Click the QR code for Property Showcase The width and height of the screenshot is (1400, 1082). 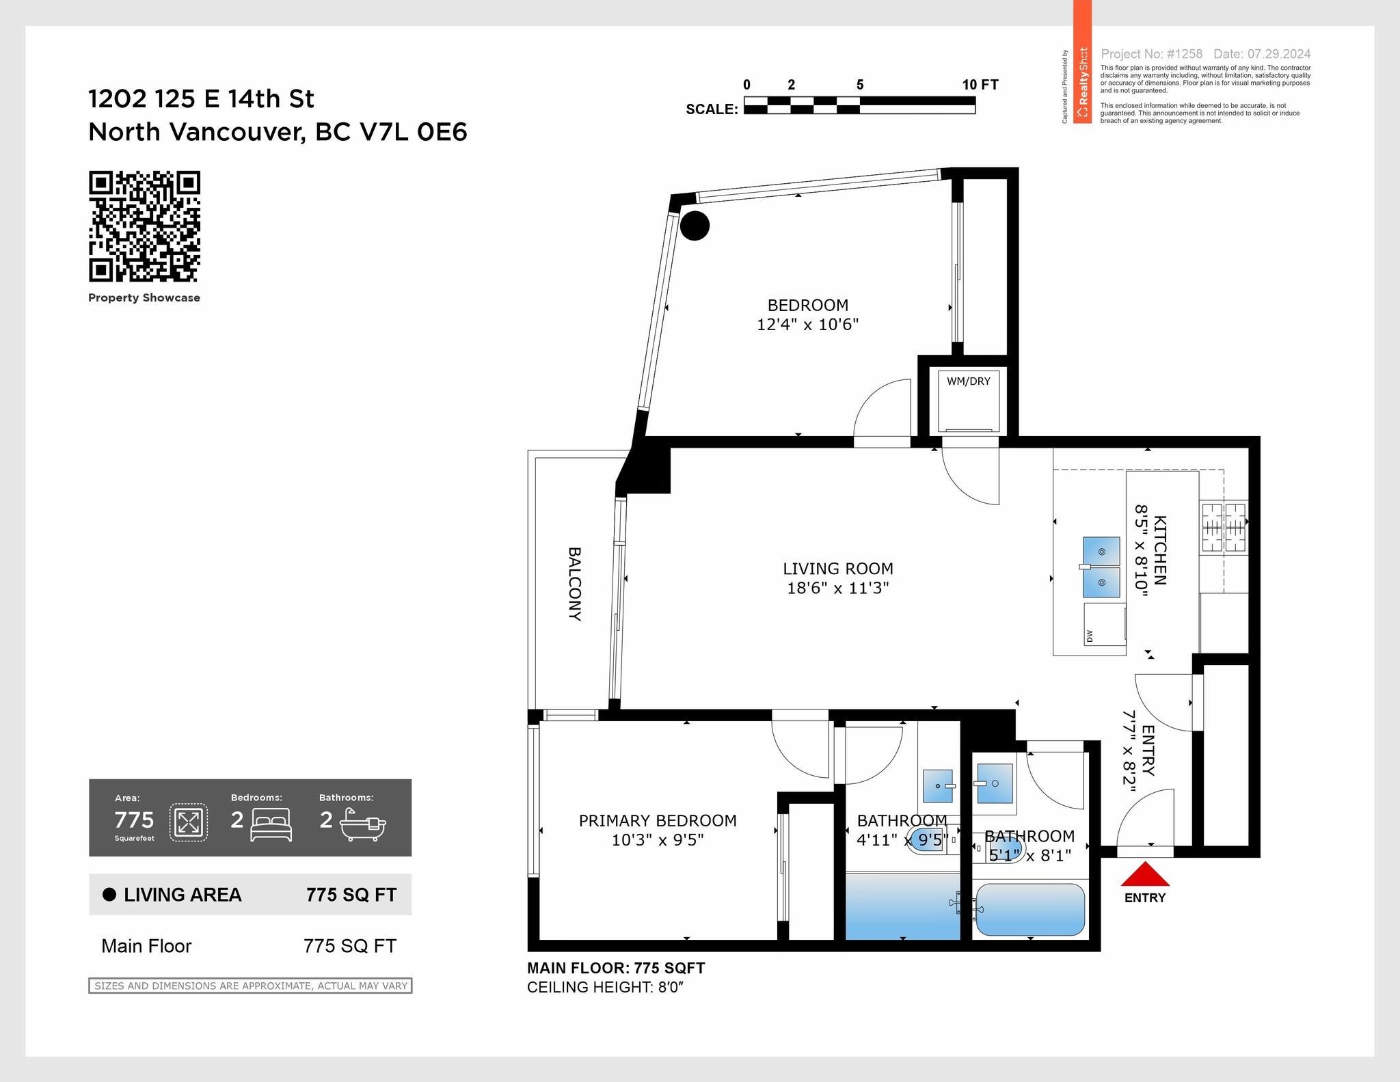point(144,226)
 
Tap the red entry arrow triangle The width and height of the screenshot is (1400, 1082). point(1145,874)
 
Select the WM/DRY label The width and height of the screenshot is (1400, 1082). point(968,381)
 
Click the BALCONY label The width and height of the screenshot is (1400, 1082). point(574,583)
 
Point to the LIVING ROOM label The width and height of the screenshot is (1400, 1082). point(837,569)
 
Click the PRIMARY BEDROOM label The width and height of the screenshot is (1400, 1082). point(658,820)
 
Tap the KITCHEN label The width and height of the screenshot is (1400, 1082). point(1159,550)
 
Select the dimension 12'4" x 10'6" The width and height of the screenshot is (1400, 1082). point(807,324)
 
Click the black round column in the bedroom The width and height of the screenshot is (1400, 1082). point(695,226)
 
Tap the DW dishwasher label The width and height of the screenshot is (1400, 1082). point(1089,636)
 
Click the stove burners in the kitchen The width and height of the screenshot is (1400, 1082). point(1224,527)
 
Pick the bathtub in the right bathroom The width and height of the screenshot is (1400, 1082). point(1029,910)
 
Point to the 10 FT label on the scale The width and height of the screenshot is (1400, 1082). point(980,85)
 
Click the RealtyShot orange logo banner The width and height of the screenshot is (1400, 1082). point(1082,62)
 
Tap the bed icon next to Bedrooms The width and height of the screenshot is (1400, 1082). point(271,824)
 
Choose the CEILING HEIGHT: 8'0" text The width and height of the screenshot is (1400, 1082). point(605,987)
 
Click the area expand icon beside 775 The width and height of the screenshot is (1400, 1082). point(188,822)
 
